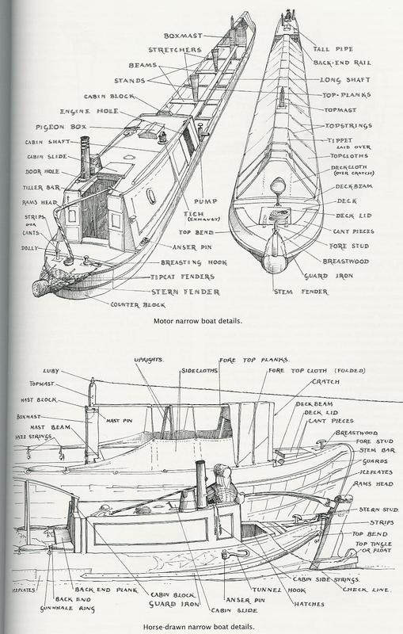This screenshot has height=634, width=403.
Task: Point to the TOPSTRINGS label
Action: point(350,127)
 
